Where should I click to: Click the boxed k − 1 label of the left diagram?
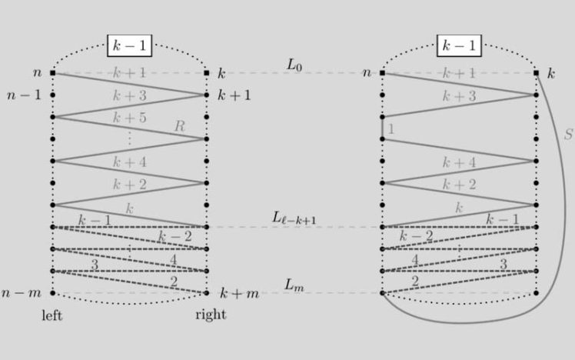tap(129, 46)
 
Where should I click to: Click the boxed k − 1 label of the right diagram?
tap(460, 46)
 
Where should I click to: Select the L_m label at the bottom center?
tap(295, 285)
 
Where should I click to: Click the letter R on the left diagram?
tap(180, 126)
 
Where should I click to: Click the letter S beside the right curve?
tap(568, 134)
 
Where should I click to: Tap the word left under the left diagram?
tap(52, 315)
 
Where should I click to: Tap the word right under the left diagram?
tap(210, 315)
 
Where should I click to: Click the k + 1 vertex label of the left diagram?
tap(234, 95)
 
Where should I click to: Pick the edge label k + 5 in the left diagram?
tap(128, 118)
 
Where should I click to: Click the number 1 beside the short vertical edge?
tap(391, 129)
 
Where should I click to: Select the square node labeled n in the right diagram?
tap(382, 73)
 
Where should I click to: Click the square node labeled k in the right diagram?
tap(537, 73)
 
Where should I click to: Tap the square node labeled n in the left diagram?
tap(52, 73)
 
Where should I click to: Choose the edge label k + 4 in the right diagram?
tap(460, 162)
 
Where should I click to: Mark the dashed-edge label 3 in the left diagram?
tap(95, 264)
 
